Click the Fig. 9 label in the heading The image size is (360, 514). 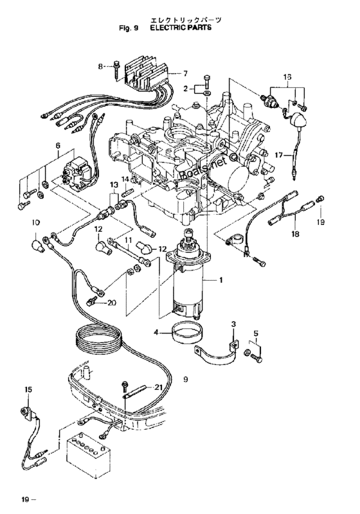[x=129, y=28]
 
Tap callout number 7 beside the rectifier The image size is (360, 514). [x=185, y=73]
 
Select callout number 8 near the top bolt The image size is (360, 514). [x=101, y=67]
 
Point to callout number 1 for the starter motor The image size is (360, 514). [x=221, y=280]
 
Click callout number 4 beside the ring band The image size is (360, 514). [x=156, y=332]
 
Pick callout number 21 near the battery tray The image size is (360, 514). [x=158, y=387]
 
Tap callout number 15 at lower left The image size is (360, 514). [x=28, y=389]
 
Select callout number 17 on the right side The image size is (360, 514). [x=278, y=155]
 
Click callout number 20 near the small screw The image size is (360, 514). [x=112, y=303]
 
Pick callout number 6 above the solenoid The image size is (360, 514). [x=58, y=145]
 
